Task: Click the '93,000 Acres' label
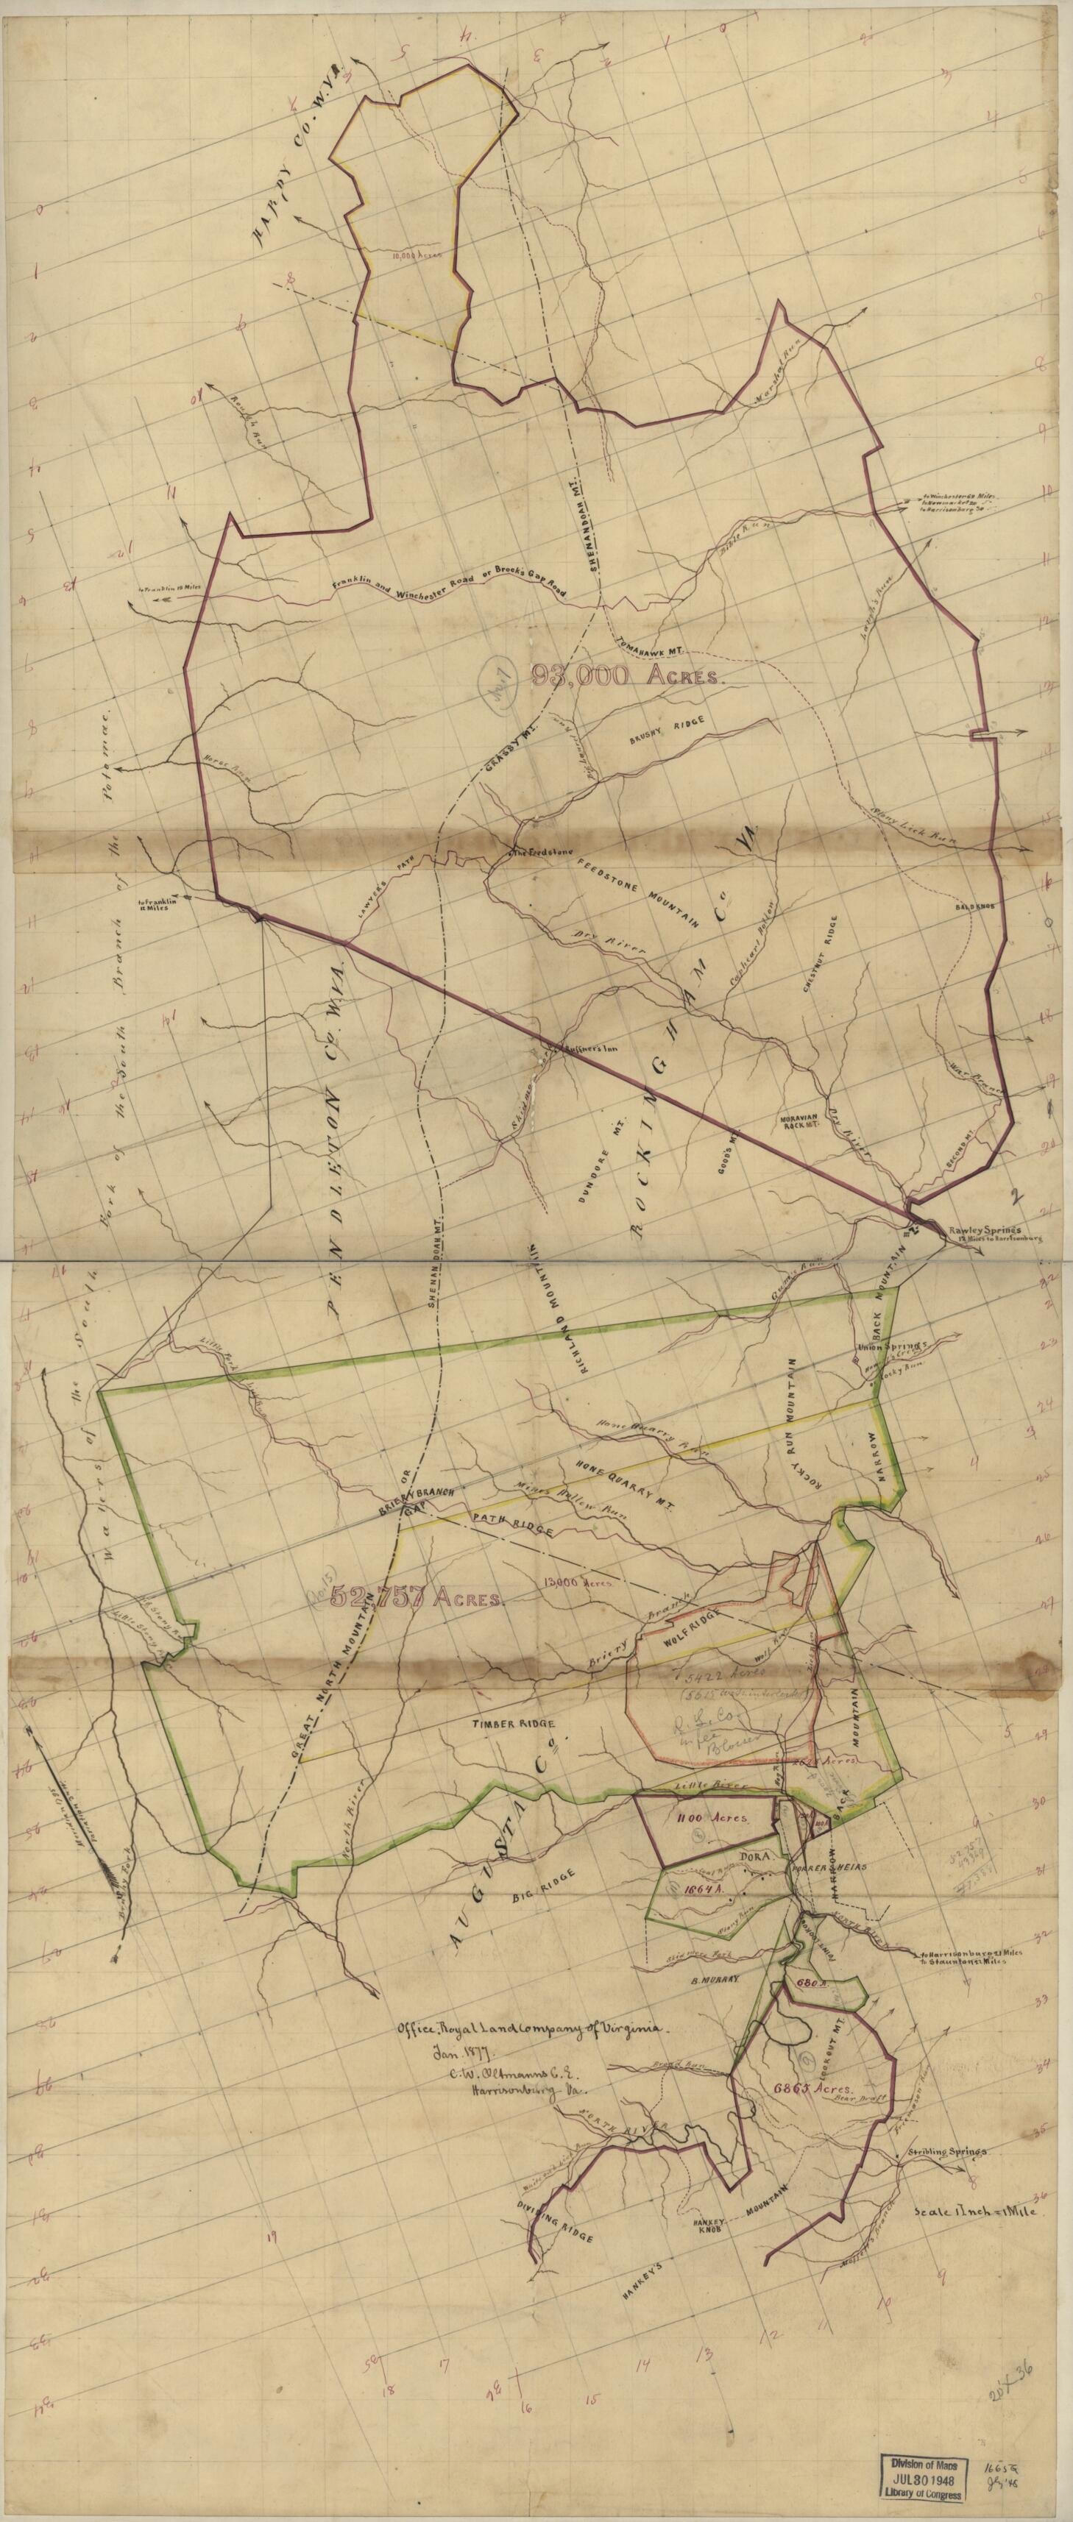(626, 675)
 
